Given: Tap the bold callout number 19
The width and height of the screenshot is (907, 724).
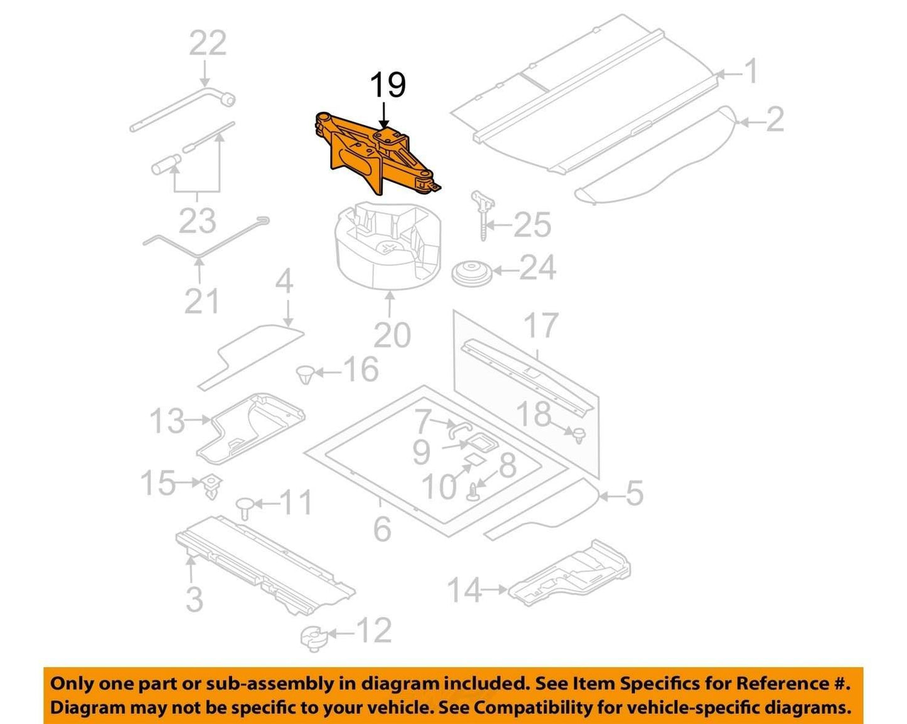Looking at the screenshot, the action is click(x=388, y=85).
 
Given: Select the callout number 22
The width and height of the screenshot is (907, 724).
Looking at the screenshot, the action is click(x=207, y=43).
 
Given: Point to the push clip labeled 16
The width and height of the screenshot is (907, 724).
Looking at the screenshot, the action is click(x=304, y=374).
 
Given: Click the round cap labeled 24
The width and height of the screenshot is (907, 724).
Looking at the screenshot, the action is click(x=473, y=273).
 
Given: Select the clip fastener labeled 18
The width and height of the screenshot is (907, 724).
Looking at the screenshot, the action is click(x=581, y=435).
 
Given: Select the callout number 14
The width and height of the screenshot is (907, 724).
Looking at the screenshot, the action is click(x=464, y=590).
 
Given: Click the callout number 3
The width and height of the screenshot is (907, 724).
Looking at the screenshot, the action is click(x=195, y=599).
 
